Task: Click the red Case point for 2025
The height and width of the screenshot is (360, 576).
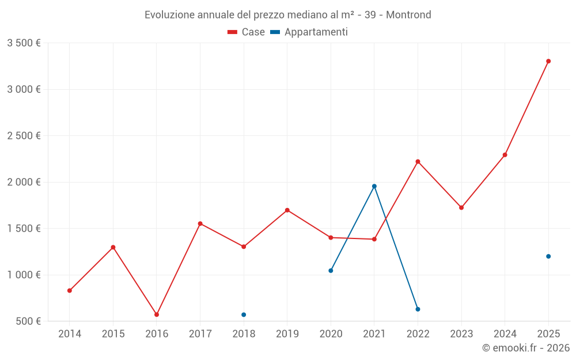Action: (548, 61)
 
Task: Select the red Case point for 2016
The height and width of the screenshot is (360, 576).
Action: (157, 314)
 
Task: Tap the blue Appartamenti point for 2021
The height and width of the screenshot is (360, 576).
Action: (374, 186)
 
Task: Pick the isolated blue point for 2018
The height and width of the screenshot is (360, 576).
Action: (244, 314)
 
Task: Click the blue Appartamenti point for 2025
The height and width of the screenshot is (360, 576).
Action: (548, 256)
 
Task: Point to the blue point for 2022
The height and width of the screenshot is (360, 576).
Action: (418, 309)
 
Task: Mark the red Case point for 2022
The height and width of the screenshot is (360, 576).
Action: (418, 161)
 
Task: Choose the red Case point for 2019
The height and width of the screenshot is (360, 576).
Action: (287, 210)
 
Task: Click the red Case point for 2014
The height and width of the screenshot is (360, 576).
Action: (70, 290)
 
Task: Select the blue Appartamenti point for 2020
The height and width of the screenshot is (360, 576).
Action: (331, 271)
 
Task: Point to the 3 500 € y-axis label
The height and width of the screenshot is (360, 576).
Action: (24, 43)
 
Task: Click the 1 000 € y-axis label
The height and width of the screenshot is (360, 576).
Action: (24, 275)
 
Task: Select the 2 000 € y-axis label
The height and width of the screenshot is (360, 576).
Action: (24, 182)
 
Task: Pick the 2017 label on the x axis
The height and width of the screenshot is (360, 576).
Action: (200, 334)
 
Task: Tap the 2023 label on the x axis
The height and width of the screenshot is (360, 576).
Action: (461, 334)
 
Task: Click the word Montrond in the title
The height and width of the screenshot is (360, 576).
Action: (408, 15)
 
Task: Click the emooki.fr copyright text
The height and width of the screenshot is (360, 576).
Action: (525, 348)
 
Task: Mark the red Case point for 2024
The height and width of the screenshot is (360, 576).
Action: (505, 155)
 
